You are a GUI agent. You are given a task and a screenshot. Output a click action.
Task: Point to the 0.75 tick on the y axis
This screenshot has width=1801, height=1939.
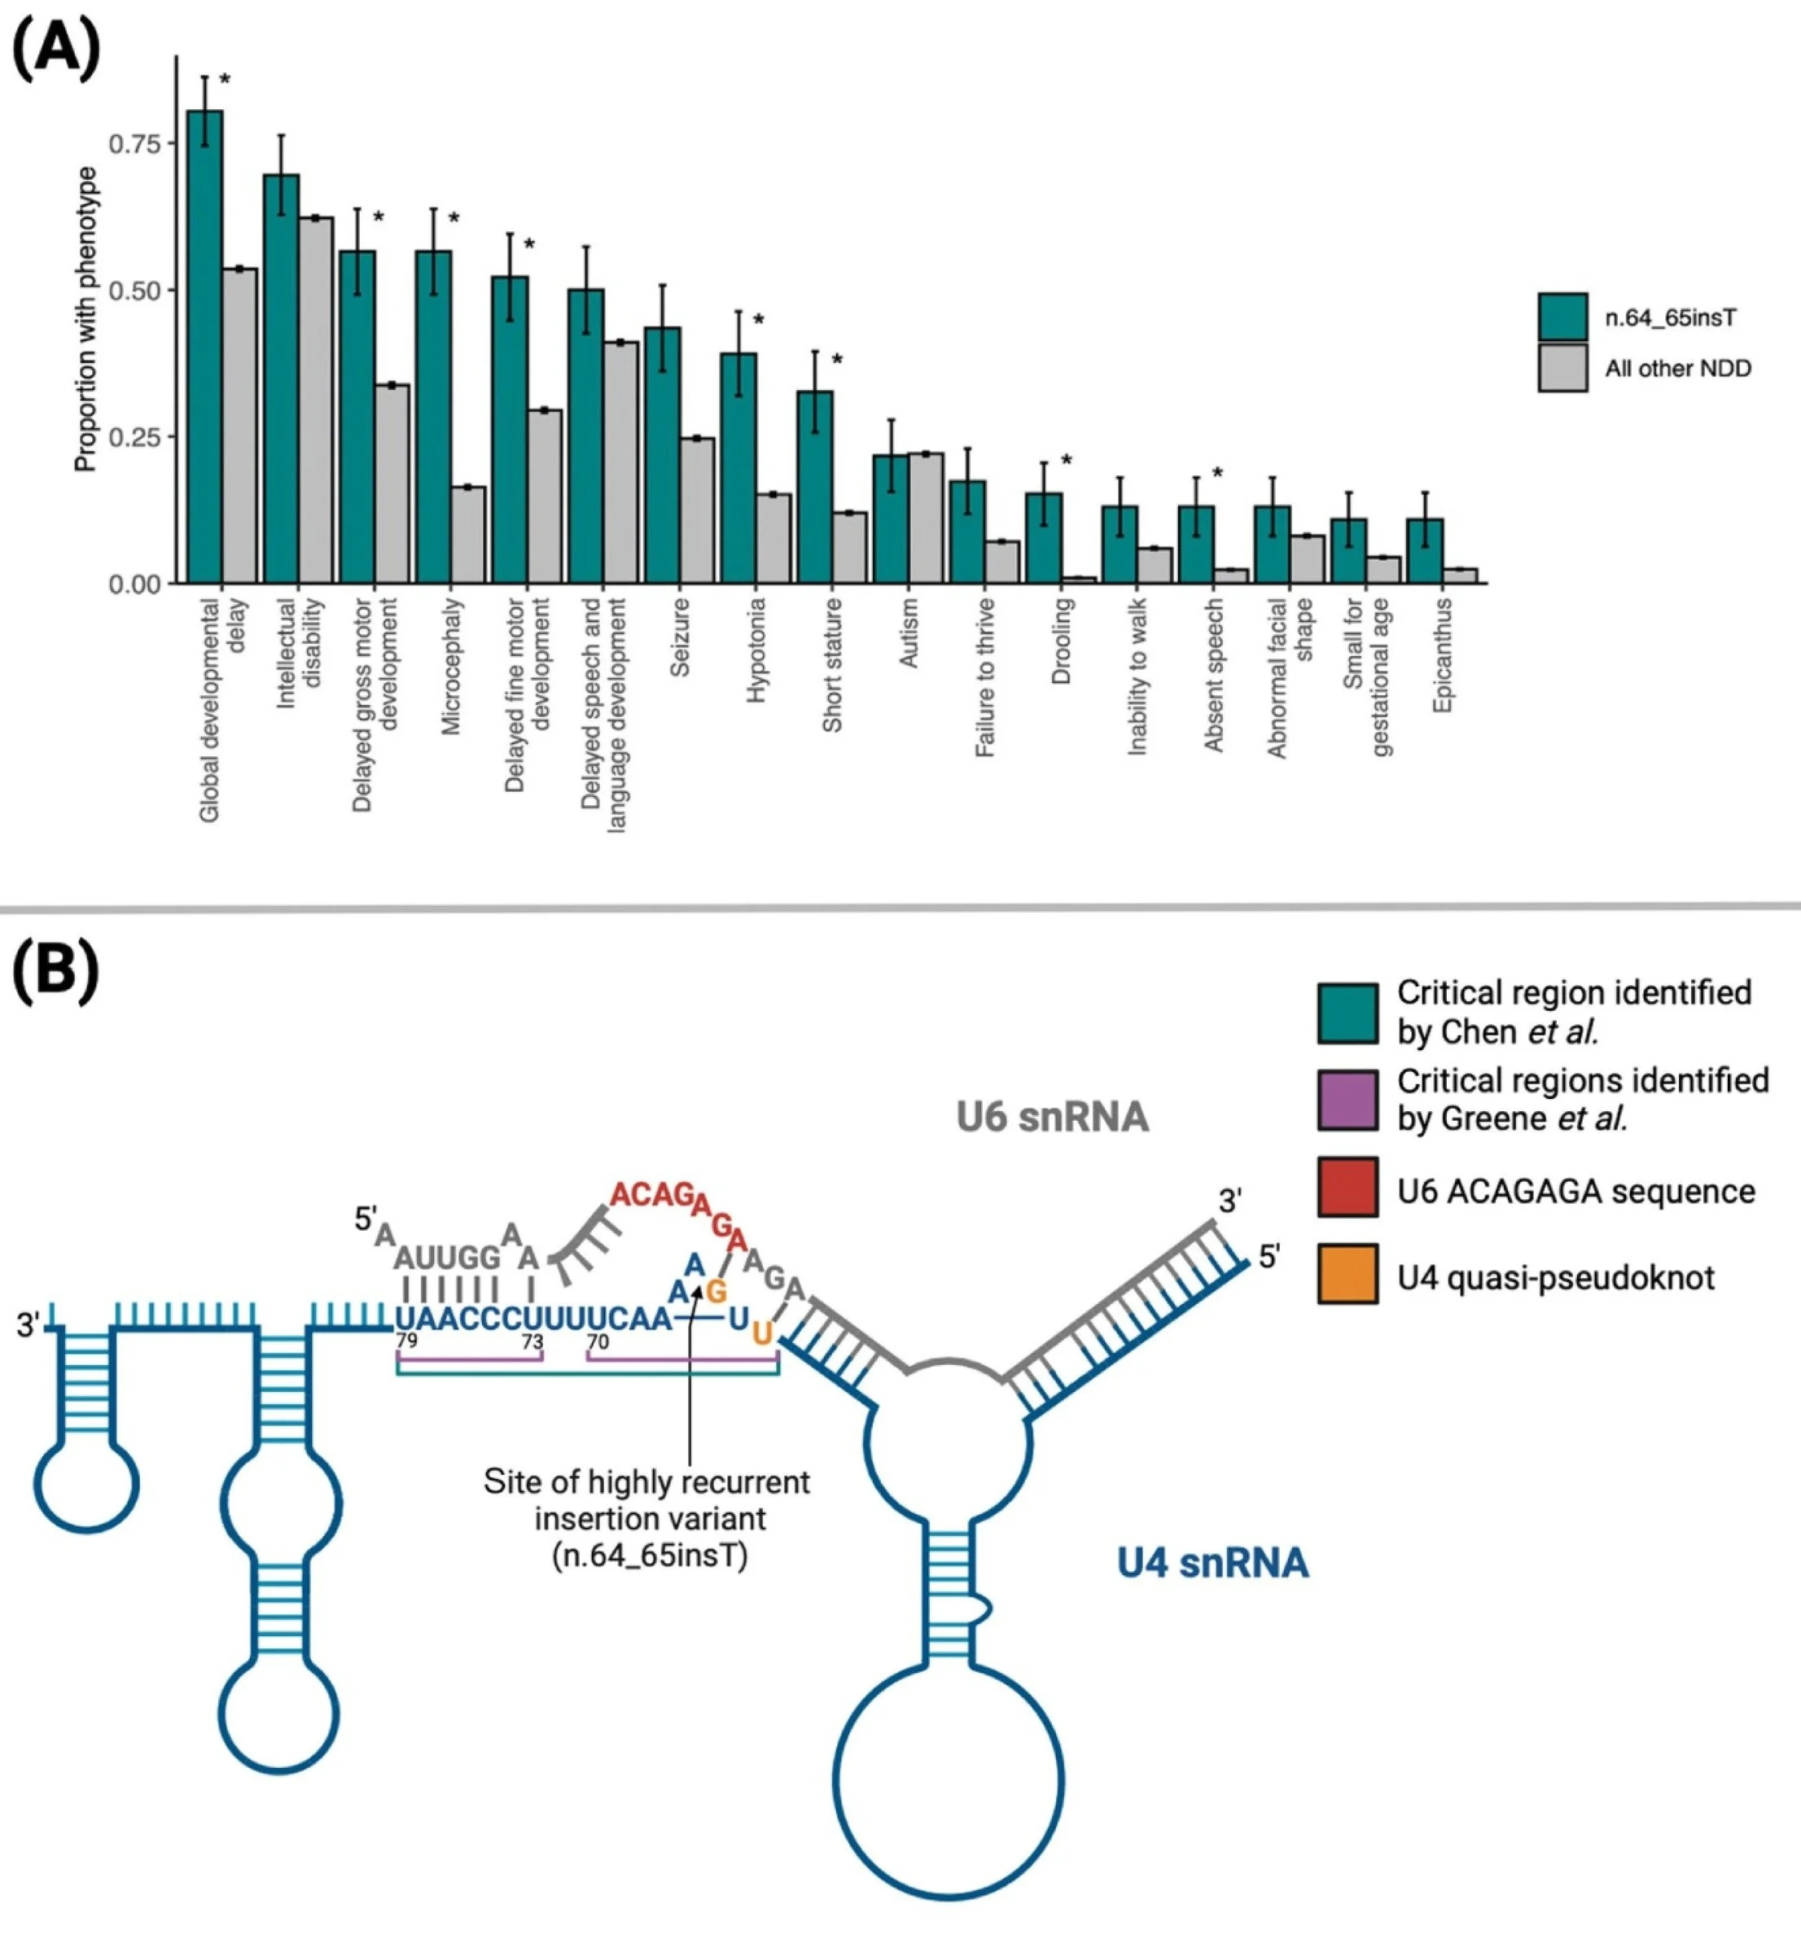[134, 144]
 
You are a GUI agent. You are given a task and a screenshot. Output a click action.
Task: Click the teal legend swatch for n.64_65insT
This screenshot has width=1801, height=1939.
[1562, 317]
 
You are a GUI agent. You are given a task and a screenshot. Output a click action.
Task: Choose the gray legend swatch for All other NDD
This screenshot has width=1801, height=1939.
[1562, 367]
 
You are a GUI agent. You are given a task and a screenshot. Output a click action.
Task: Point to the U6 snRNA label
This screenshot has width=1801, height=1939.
[1053, 1117]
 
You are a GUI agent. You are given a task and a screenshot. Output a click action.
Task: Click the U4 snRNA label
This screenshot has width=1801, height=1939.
[1212, 1563]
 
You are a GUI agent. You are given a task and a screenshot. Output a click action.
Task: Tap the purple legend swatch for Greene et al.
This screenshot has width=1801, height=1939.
[1347, 1100]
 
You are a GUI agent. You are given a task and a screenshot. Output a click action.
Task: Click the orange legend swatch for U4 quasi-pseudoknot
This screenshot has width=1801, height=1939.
[1347, 1273]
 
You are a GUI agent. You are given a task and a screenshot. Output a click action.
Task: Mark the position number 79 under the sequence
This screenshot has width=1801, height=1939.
[406, 1341]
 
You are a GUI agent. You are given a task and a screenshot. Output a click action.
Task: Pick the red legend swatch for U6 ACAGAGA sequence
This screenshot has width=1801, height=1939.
[1347, 1187]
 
